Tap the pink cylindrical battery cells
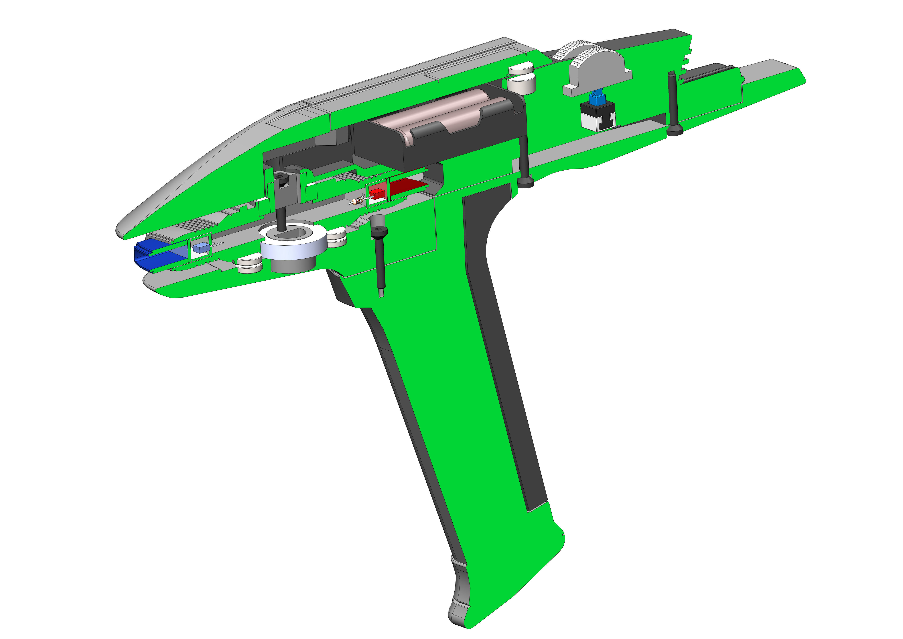pos(444,110)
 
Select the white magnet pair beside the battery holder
pos(522,79)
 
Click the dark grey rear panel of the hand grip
pos(503,335)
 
